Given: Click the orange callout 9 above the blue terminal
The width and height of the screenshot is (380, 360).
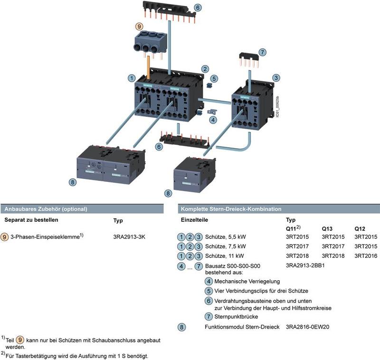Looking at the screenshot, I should tap(139, 27).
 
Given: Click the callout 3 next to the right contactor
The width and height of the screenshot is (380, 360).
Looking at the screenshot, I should tap(276, 77).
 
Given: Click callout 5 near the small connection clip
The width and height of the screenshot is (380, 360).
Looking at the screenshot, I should tap(214, 78).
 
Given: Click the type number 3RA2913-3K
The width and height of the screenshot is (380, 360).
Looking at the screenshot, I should tap(129, 236).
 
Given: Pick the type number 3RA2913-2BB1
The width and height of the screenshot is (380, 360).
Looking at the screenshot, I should tap(305, 265).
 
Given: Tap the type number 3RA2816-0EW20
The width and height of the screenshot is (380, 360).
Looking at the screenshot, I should tap(308, 327).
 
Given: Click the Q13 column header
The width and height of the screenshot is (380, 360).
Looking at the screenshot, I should tap(328, 228).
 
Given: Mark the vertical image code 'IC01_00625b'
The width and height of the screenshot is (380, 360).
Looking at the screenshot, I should tap(277, 108).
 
